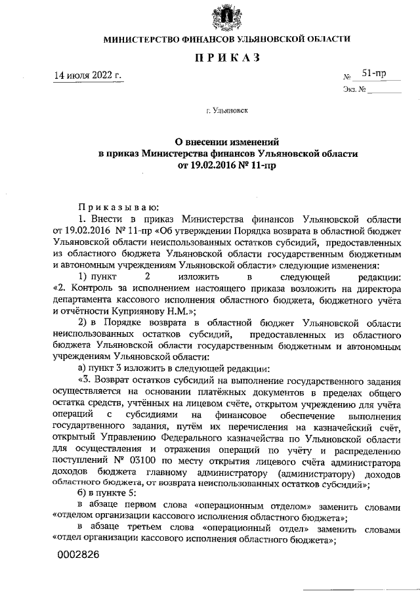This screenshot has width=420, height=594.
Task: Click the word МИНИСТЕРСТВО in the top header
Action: pyautogui.click(x=144, y=40)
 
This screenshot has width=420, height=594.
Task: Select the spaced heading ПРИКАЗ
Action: pyautogui.click(x=226, y=60)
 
